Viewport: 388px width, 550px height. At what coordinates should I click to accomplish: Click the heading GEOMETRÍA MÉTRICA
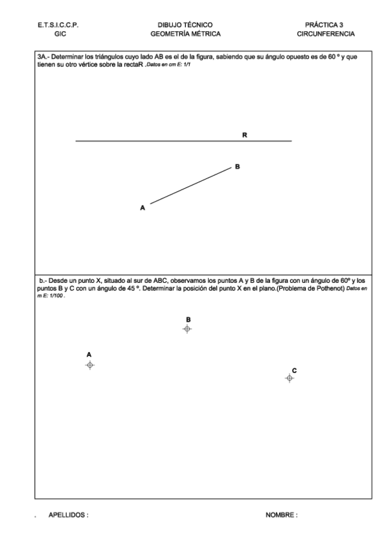[x=185, y=33]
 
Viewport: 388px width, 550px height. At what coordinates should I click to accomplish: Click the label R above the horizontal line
[x=245, y=135]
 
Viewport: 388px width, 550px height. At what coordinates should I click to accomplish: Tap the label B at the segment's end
[x=238, y=167]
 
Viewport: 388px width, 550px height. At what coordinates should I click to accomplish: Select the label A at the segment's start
[x=142, y=208]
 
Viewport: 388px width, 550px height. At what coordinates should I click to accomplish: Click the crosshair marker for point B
[x=187, y=329]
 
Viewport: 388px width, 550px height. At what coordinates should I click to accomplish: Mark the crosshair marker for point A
[x=90, y=365]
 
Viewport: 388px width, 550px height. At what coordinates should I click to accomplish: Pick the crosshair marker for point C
[x=290, y=378]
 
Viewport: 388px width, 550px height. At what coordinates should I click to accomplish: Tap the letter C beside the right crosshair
[x=294, y=370]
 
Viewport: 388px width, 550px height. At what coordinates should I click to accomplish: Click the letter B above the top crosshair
[x=188, y=319]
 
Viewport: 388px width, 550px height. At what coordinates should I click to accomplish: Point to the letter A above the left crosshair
[x=89, y=355]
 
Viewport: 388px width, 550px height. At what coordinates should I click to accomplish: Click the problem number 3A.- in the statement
[x=45, y=56]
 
